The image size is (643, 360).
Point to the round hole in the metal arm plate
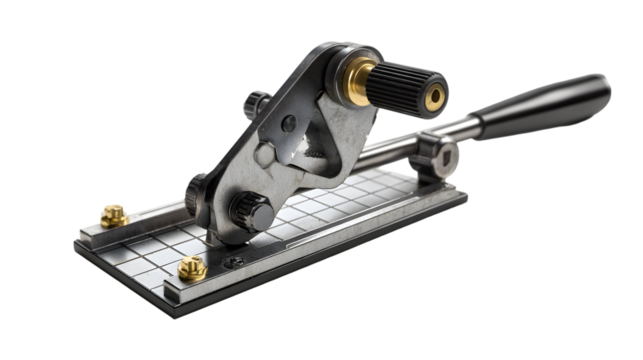point(289,126)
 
